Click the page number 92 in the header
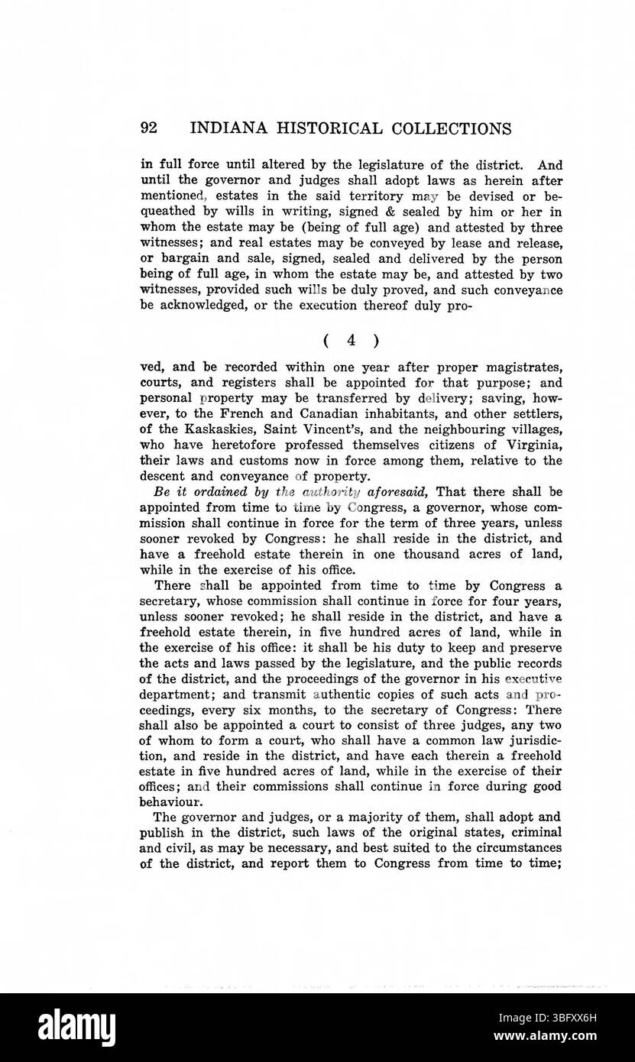(x=150, y=128)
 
